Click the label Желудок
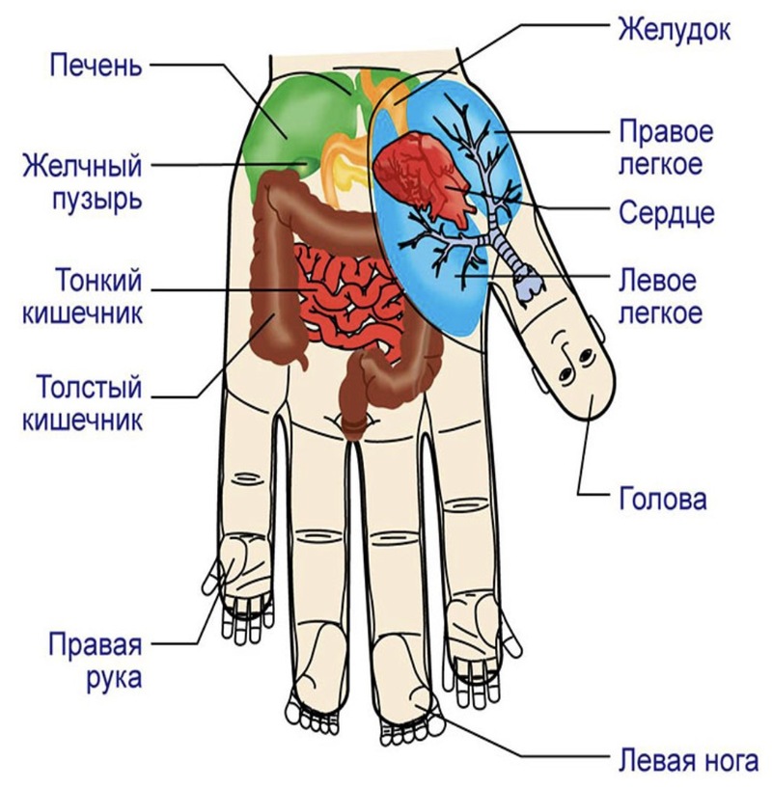coord(674,30)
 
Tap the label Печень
coord(96,66)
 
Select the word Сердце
coord(667,213)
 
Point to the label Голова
coord(662,499)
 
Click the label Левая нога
coord(688,761)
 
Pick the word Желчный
coord(82,166)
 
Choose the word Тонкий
coord(98,280)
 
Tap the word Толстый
coord(90,388)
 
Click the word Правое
coord(666,132)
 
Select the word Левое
coord(657,280)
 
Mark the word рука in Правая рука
coord(114,678)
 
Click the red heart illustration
coord(425,177)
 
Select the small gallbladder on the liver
coord(304,165)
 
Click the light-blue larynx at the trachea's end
coord(528,285)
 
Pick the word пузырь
coord(97,200)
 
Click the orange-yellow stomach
coord(347,166)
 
